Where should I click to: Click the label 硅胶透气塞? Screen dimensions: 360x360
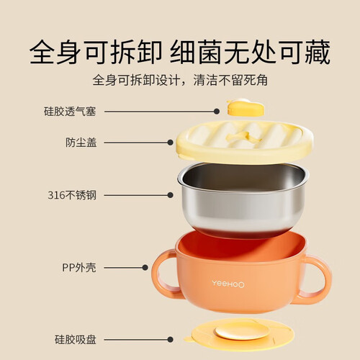click(70, 112)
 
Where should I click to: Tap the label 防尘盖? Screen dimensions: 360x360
click(81, 143)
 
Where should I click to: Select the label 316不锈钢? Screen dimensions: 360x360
click(72, 195)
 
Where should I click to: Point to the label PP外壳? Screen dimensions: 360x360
click(79, 267)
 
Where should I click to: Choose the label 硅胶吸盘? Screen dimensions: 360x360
click(76, 339)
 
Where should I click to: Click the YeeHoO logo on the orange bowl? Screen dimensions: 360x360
click(228, 284)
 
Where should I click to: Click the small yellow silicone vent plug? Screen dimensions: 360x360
click(245, 108)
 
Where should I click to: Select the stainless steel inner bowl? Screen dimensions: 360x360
click(243, 199)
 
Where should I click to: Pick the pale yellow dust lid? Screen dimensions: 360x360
click(244, 142)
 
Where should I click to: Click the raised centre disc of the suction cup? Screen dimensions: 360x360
click(242, 332)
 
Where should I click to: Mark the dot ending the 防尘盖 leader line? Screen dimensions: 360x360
click(170, 143)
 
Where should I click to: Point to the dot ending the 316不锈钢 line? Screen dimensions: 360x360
click(170, 195)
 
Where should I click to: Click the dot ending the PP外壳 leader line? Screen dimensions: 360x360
click(145, 268)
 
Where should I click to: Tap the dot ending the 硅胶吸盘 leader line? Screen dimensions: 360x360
click(170, 340)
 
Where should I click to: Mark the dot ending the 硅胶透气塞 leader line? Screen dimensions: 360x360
click(217, 112)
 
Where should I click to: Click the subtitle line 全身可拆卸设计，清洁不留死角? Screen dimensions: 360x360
click(180, 80)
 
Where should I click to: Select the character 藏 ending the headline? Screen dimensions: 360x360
click(318, 53)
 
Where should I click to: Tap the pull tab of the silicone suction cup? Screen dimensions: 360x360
click(188, 339)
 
